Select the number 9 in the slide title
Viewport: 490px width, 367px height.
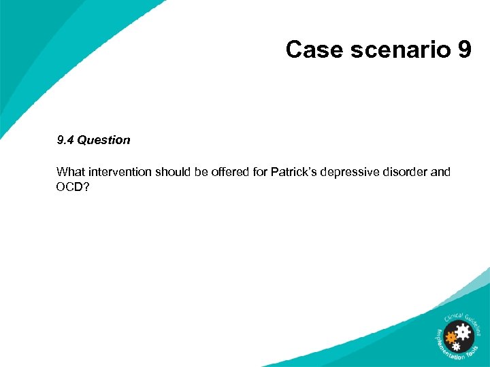[x=463, y=50]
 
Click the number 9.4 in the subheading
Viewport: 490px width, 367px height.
[x=65, y=140]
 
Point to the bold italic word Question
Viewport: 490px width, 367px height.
[x=103, y=140]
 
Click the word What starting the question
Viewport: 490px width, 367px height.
[x=71, y=172]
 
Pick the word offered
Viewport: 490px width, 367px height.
[x=229, y=172]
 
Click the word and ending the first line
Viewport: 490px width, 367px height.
[x=440, y=172]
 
